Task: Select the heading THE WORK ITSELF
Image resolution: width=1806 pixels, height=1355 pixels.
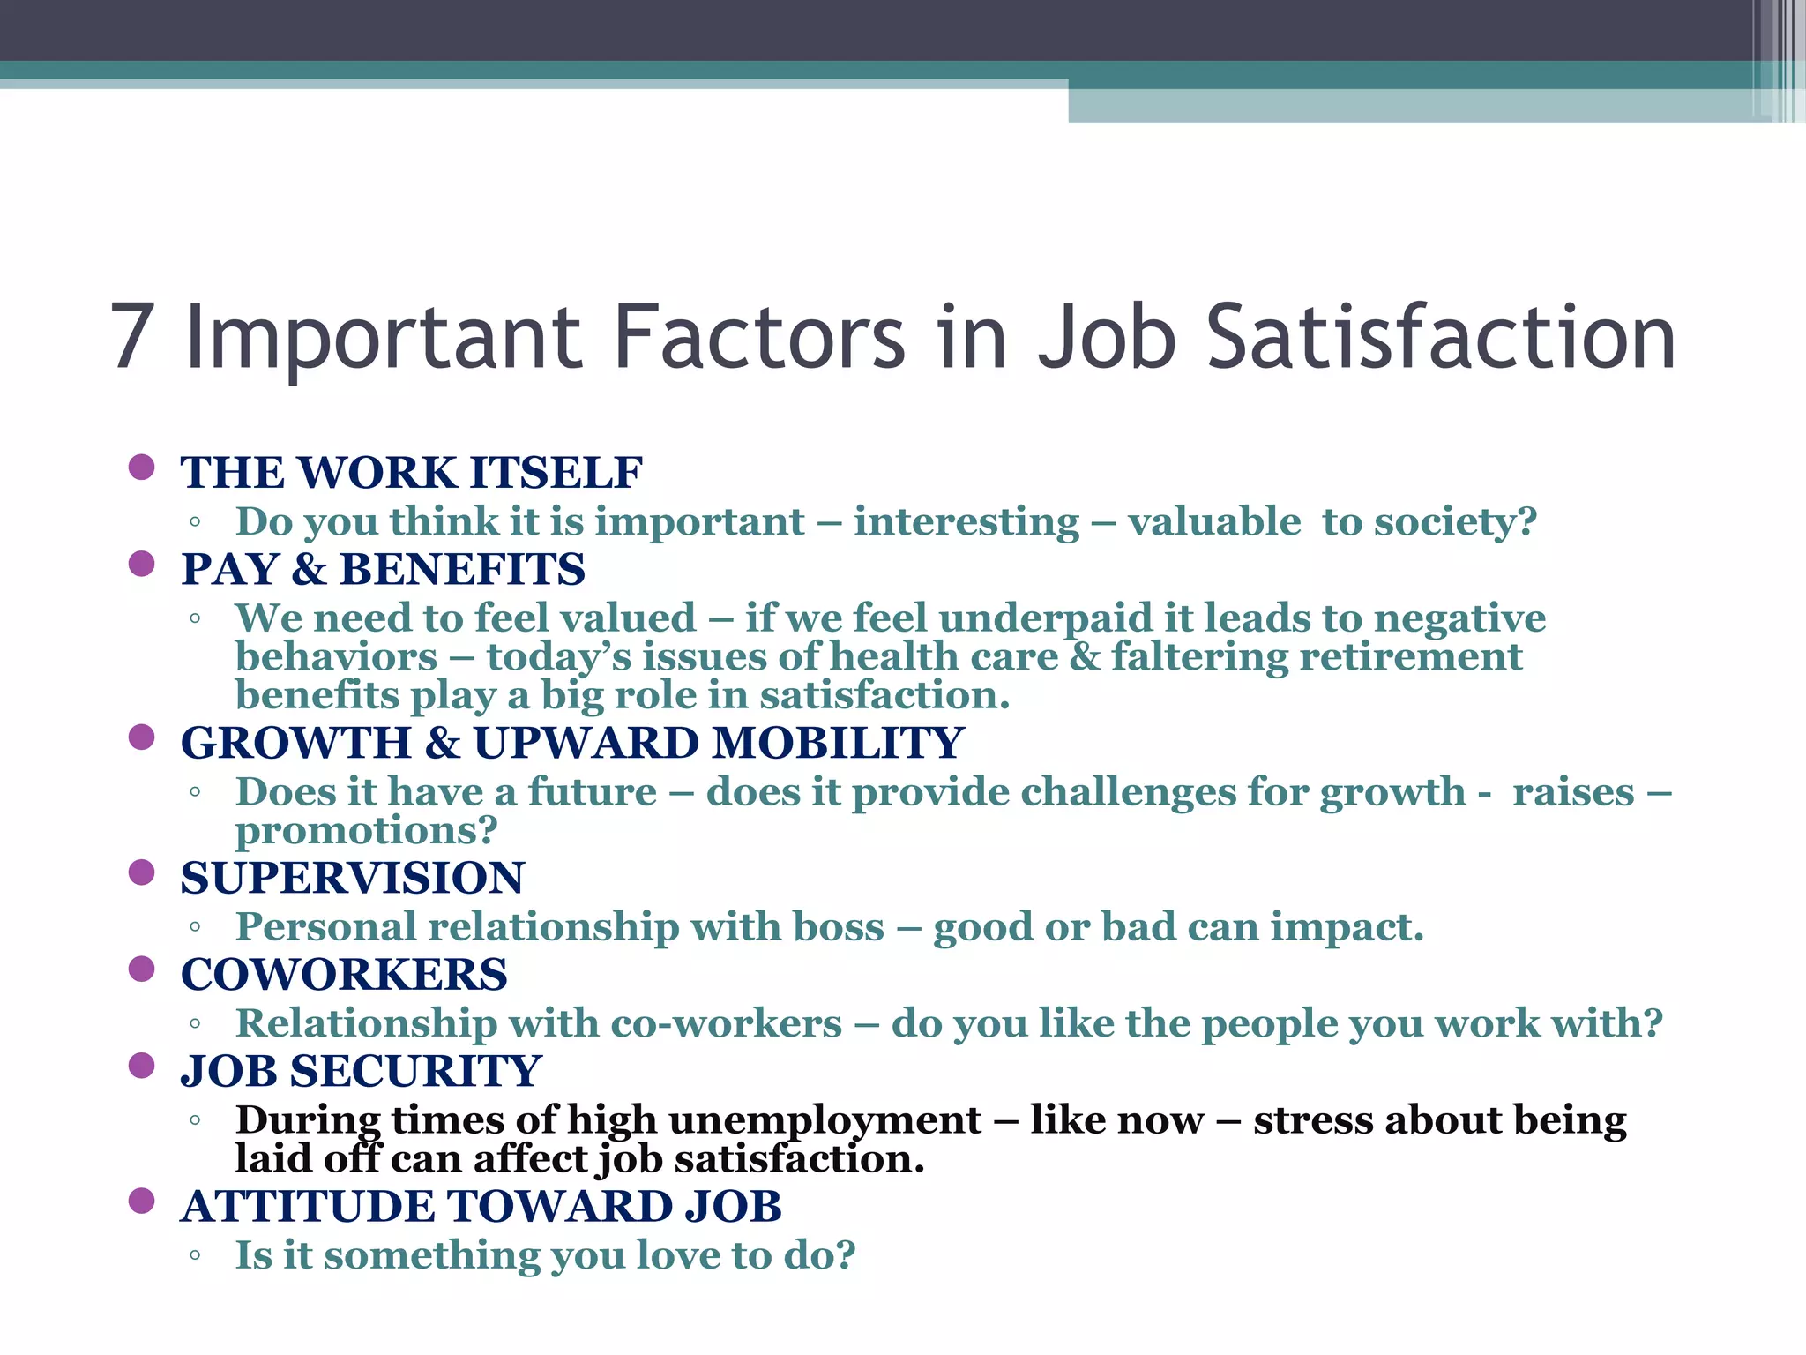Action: coord(411,473)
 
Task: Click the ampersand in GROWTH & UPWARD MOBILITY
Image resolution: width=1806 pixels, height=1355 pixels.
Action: coord(443,743)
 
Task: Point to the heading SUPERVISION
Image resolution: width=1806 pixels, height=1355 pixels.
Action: coord(353,879)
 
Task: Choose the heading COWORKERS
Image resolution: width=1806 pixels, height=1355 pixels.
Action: coord(344,975)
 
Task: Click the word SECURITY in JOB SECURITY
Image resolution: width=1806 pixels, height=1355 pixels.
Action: coord(415,1072)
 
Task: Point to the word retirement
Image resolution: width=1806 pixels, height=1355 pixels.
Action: coord(1411,657)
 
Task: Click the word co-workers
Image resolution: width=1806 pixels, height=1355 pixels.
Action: coord(726,1023)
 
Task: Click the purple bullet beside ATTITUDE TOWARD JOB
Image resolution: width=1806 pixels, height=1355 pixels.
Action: coord(141,1201)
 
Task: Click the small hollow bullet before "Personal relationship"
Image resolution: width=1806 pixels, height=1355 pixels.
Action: coord(195,927)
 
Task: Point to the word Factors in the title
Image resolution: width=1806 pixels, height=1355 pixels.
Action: coord(758,338)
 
